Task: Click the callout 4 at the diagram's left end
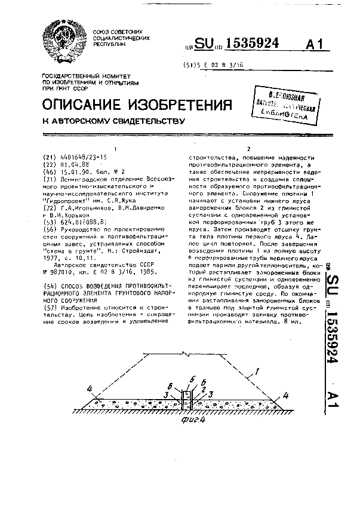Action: [89, 390]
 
